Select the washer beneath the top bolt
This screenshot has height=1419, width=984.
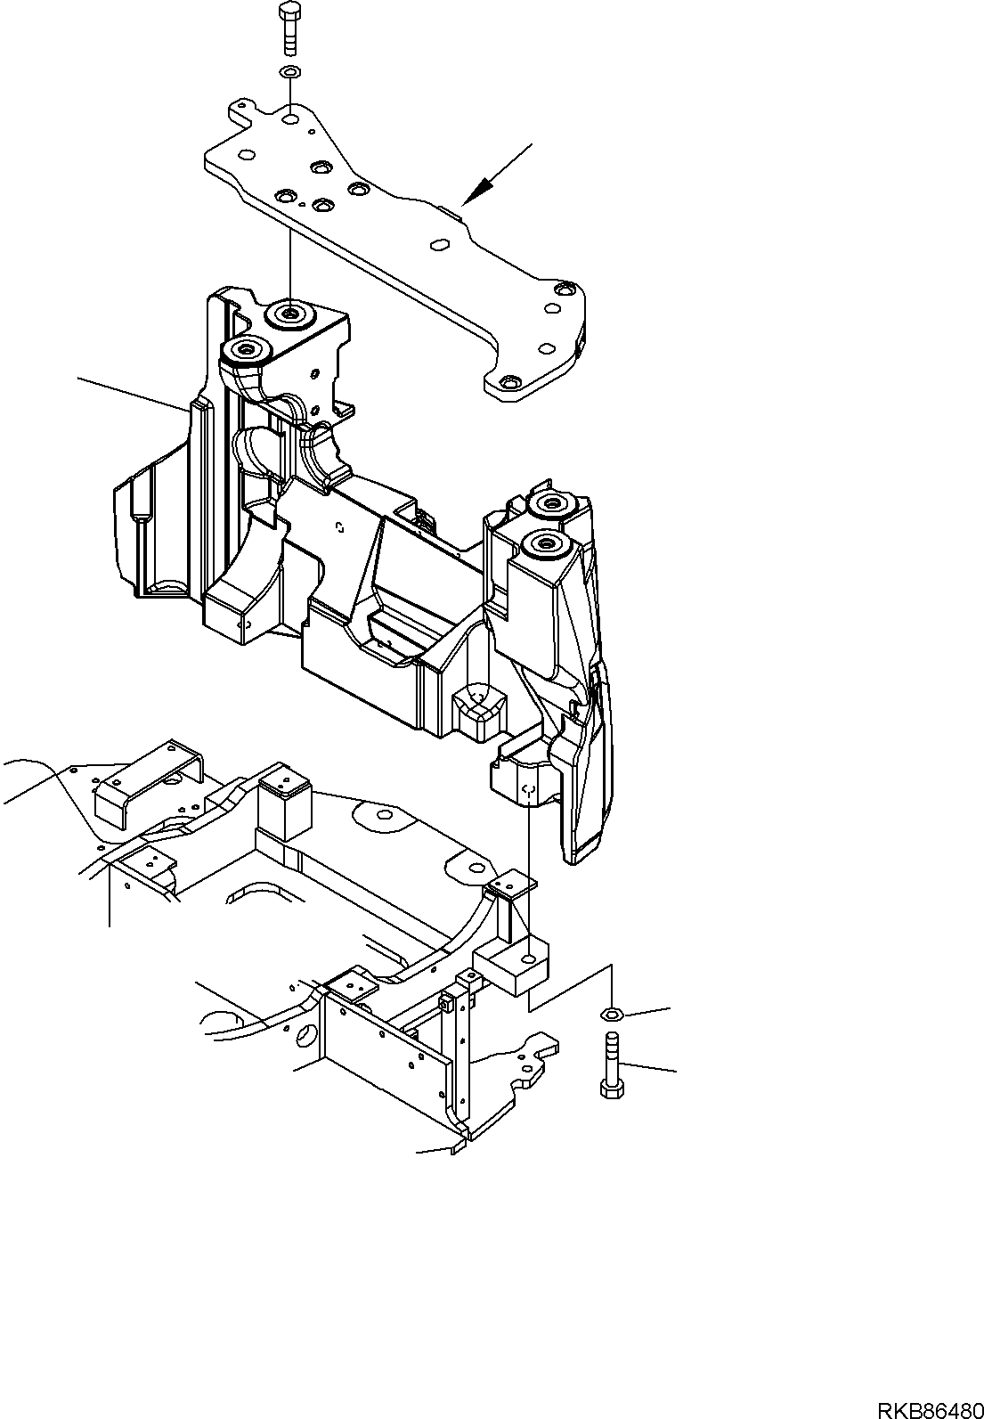coord(290,72)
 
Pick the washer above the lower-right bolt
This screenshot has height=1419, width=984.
coord(611,1013)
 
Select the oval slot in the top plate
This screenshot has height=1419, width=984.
coord(439,243)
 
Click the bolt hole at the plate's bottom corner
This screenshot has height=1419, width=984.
coord(508,382)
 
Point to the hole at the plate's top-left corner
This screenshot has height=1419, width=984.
coord(291,118)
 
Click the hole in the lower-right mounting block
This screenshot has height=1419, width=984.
coord(529,958)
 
